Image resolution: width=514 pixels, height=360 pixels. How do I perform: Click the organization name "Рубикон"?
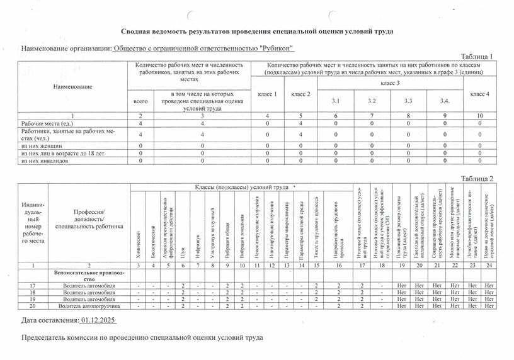[203, 49]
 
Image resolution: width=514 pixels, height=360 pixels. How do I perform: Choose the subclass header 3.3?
[409, 101]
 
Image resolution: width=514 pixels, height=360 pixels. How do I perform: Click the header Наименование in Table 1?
[72, 86]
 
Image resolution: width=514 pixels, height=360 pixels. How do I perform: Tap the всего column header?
[140, 101]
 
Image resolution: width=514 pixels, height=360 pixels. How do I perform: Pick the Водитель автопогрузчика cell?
[89, 306]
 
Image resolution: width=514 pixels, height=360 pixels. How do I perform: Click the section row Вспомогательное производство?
[89, 276]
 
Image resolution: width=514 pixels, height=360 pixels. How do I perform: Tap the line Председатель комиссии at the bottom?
[138, 337]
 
